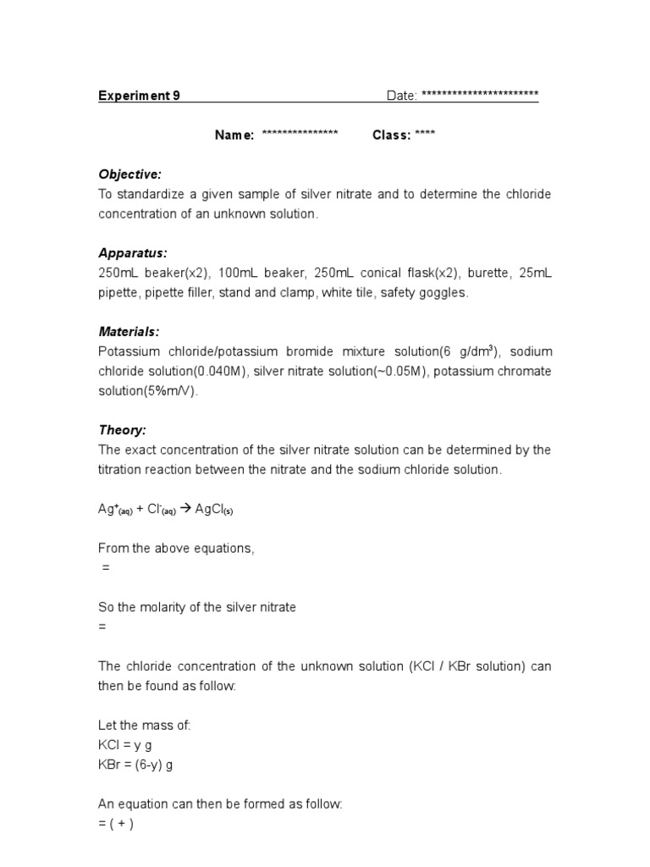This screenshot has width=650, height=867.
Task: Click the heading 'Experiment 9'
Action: pyautogui.click(x=139, y=96)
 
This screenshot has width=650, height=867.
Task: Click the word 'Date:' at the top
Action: pyautogui.click(x=402, y=96)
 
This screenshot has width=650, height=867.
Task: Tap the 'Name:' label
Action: pyautogui.click(x=234, y=135)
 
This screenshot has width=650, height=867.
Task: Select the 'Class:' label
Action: pyautogui.click(x=392, y=135)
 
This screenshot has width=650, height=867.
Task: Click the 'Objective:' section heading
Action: pyautogui.click(x=129, y=174)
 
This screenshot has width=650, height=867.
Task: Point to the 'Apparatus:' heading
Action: pyautogui.click(x=133, y=253)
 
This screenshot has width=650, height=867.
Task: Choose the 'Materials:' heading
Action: pyautogui.click(x=129, y=332)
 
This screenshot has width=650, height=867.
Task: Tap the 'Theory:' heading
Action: pyautogui.click(x=123, y=430)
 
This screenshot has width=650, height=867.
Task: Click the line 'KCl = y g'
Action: pyautogui.click(x=125, y=745)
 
